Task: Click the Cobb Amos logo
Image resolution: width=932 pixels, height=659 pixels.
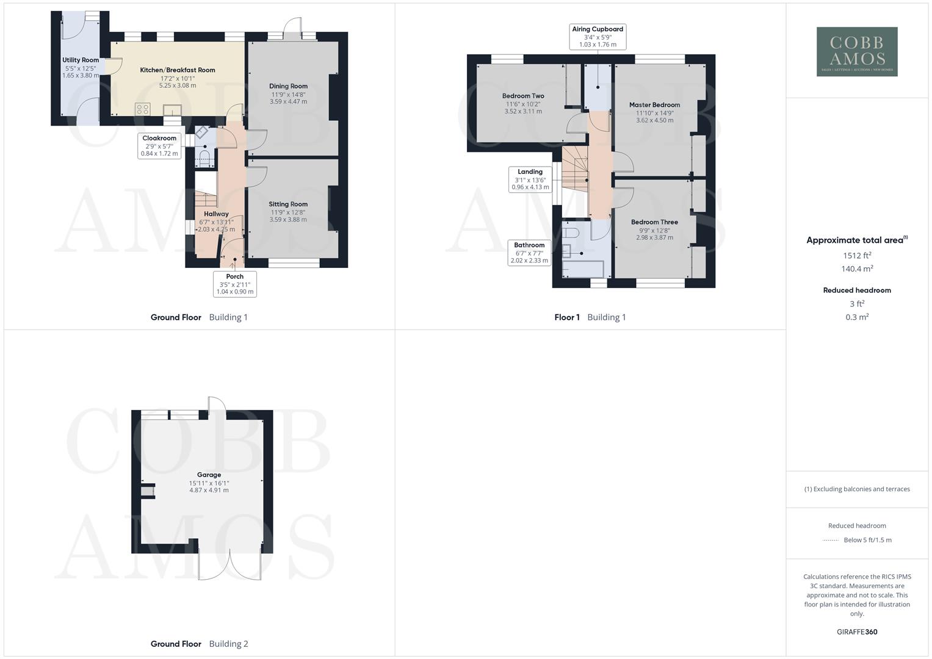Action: tap(857, 52)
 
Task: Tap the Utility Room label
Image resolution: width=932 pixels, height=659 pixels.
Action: tap(81, 60)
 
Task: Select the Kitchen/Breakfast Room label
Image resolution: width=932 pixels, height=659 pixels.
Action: tap(178, 70)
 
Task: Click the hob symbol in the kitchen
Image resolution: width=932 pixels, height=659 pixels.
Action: tap(143, 109)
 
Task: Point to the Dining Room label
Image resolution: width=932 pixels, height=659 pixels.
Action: tap(288, 87)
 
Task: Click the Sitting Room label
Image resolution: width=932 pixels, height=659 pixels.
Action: tap(288, 204)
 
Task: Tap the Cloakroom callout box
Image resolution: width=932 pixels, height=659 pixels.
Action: tap(159, 146)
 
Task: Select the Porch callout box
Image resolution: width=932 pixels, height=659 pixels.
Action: tap(235, 284)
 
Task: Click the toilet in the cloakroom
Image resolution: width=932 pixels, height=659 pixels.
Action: tap(204, 160)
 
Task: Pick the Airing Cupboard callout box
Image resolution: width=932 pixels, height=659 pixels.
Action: tap(598, 37)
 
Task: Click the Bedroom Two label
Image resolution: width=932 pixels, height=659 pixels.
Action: tap(523, 96)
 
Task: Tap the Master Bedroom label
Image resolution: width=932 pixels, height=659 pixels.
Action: tap(654, 105)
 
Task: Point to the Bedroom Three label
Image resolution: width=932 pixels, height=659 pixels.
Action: tap(654, 223)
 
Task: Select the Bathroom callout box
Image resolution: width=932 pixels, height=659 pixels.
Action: tap(529, 253)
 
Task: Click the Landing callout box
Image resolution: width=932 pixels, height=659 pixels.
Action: tap(530, 179)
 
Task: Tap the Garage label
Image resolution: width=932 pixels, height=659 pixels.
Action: tap(209, 475)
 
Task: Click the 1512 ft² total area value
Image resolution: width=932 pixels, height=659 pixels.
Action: tap(857, 256)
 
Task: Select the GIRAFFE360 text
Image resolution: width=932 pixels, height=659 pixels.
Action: tap(857, 632)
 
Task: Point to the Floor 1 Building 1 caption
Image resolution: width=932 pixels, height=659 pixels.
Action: tap(590, 317)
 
